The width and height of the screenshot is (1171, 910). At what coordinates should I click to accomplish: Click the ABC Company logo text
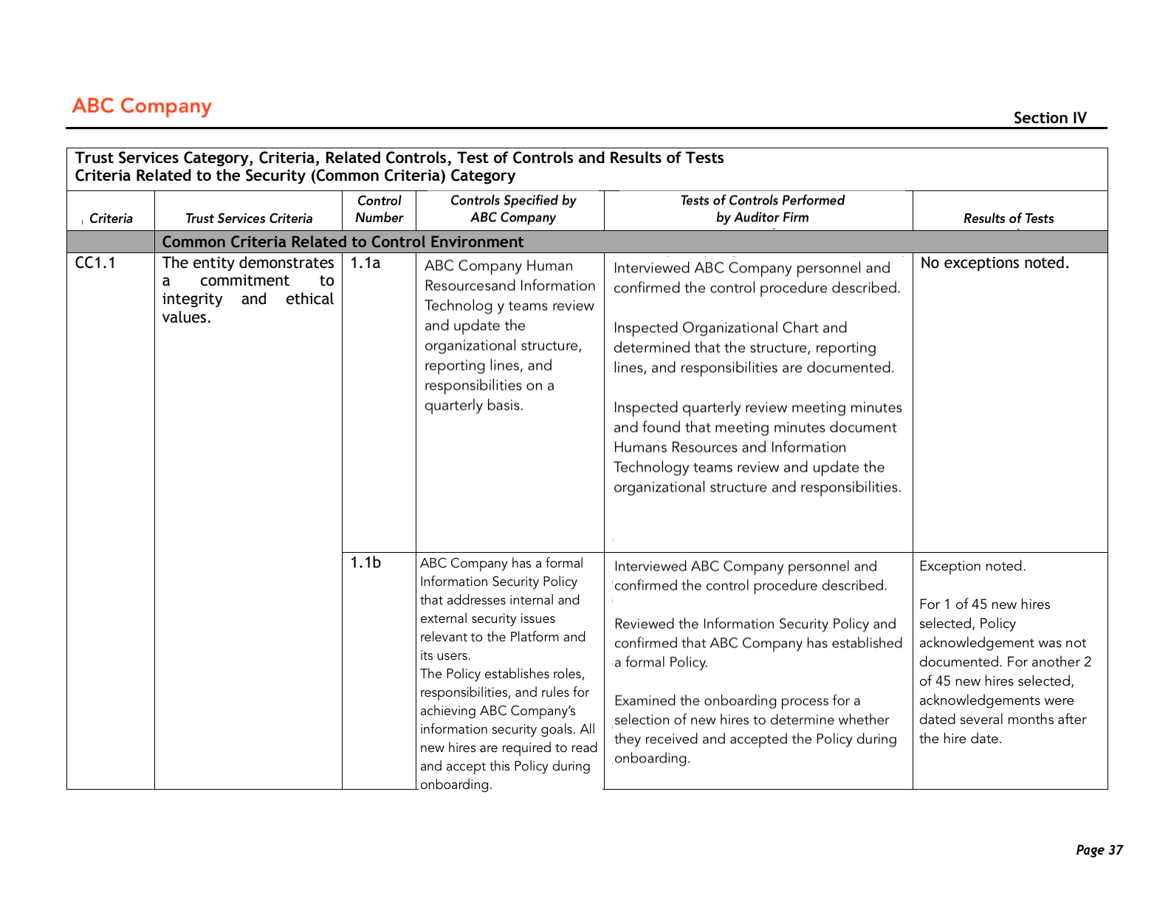click(142, 106)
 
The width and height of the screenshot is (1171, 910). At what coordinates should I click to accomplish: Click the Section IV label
click(1049, 118)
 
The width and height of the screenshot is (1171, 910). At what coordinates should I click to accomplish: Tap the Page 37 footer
click(1099, 849)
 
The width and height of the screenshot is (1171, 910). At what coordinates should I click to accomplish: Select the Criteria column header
click(111, 218)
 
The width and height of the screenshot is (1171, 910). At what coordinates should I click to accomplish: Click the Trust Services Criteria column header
click(249, 218)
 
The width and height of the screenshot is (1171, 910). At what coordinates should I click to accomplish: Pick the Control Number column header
click(380, 209)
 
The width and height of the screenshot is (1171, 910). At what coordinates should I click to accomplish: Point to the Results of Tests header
click(1008, 218)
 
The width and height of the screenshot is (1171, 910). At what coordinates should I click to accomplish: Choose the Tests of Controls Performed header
click(762, 209)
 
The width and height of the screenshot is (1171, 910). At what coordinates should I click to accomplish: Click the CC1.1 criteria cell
click(95, 263)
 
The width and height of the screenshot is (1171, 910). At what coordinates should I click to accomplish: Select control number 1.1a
click(365, 263)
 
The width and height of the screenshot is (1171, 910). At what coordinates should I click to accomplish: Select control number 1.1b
click(365, 562)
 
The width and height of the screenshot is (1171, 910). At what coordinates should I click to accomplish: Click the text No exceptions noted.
click(994, 263)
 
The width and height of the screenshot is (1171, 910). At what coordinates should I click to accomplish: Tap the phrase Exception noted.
click(972, 566)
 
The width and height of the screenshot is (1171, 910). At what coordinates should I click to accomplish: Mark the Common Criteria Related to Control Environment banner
click(343, 242)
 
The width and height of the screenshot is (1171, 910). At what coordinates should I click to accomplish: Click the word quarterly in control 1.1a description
click(453, 405)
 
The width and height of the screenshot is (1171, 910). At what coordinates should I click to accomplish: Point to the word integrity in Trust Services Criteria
click(192, 299)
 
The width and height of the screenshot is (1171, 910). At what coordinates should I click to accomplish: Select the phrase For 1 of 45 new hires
click(984, 604)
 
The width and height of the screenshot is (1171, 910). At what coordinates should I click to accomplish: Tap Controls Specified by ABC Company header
click(513, 209)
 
